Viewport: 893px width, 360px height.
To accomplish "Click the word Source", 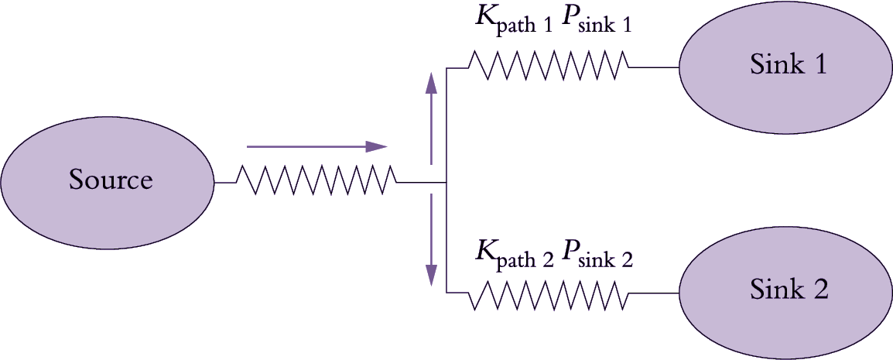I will coord(111,180).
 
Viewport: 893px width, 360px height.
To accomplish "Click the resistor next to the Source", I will coord(316,183).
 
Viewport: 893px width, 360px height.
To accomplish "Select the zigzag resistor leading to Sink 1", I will coord(548,67).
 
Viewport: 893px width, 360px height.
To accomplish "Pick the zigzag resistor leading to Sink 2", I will coord(548,293).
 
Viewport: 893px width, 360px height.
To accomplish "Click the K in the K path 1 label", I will coord(486,19).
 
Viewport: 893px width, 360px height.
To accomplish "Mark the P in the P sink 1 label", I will coord(571,19).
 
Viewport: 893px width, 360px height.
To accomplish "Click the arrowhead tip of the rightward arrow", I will coord(385,146).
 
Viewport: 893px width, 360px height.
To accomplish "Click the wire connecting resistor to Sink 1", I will coord(654,67).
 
